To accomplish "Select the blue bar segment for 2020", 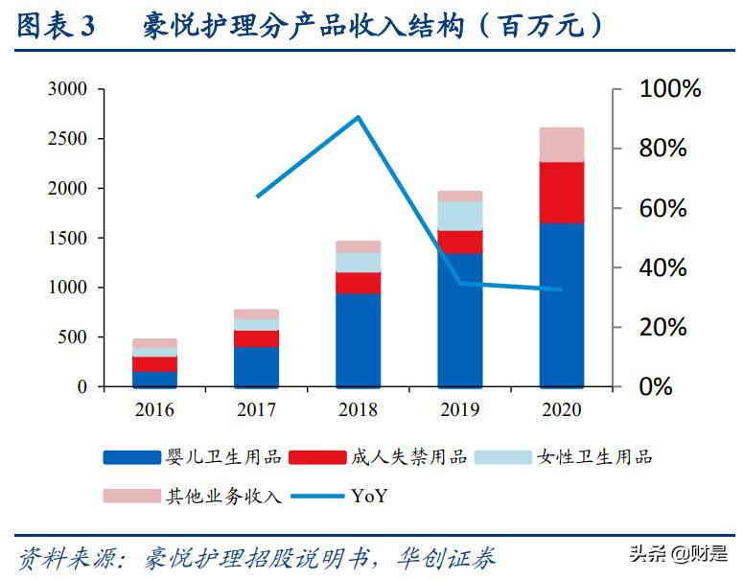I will pyautogui.click(x=561, y=304).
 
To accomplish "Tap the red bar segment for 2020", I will pyautogui.click(x=561, y=193).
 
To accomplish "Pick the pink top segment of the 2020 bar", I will pyautogui.click(x=561, y=145).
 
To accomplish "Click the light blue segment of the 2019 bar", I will pyautogui.click(x=459, y=216).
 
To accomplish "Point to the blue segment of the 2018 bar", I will pyautogui.click(x=358, y=339).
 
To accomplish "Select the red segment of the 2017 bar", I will pyautogui.click(x=256, y=338).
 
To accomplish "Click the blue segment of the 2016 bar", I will pyautogui.click(x=154, y=379).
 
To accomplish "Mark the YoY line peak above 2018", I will pyautogui.click(x=358, y=118).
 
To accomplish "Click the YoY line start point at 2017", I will pyautogui.click(x=257, y=197).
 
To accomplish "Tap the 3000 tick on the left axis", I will pyautogui.click(x=67, y=89).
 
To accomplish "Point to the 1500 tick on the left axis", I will pyautogui.click(x=67, y=238).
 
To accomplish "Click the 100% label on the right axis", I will pyautogui.click(x=670, y=89).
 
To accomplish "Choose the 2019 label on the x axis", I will pyautogui.click(x=459, y=409).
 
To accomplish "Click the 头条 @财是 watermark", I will pyautogui.click(x=678, y=553).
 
